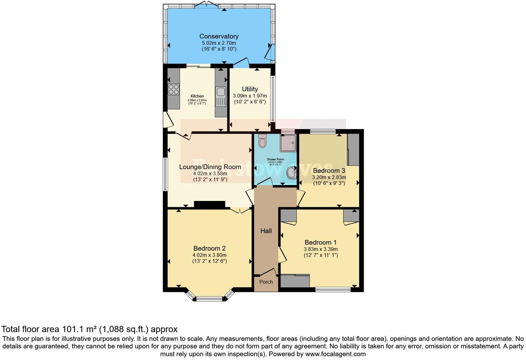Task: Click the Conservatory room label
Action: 219,36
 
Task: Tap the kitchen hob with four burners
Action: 173,90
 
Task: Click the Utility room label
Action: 250,89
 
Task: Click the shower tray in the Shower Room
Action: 288,143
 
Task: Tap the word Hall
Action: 266,231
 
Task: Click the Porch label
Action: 266,282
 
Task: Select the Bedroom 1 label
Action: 320,242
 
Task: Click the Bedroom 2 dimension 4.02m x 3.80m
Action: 209,255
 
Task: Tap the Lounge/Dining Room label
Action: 210,167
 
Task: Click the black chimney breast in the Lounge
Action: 209,205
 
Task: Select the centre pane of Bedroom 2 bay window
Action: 209,299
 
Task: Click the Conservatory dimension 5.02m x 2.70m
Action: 219,43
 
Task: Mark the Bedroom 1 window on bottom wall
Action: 333,289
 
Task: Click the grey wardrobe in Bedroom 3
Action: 353,150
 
